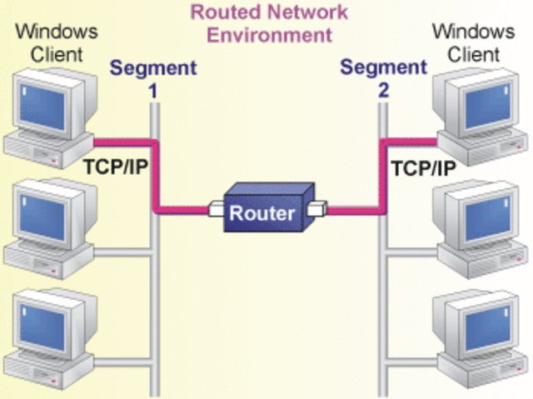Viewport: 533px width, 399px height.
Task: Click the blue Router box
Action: (262, 213)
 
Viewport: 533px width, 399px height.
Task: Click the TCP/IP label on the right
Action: (423, 167)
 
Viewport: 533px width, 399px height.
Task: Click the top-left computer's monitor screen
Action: (42, 104)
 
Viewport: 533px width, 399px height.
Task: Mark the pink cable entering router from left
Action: (183, 210)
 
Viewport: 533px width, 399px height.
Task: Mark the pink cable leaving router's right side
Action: (350, 212)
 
